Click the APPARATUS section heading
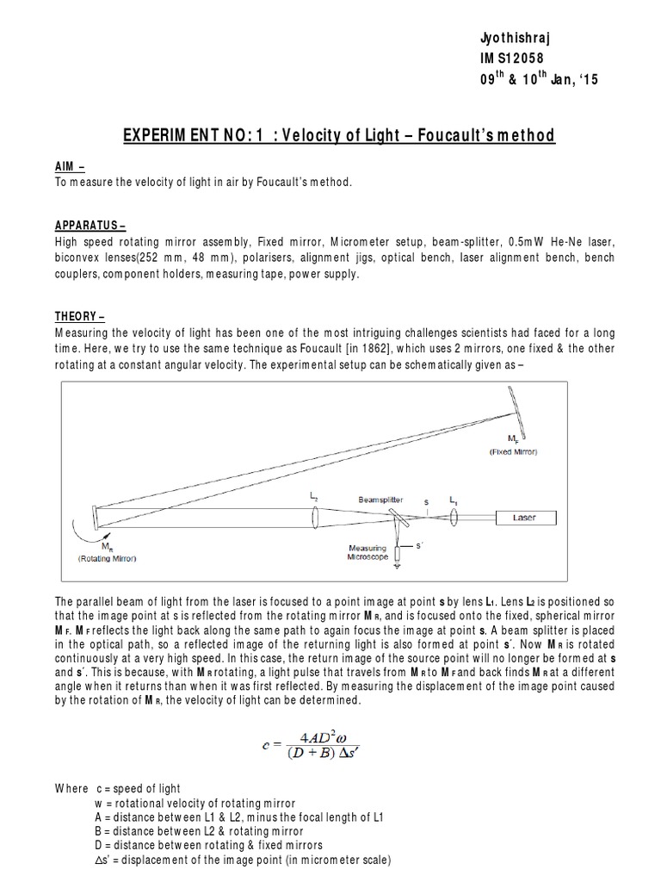coord(90,227)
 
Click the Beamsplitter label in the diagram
coord(383,499)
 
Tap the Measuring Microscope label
coord(368,552)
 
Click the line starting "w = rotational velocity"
coord(195,802)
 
